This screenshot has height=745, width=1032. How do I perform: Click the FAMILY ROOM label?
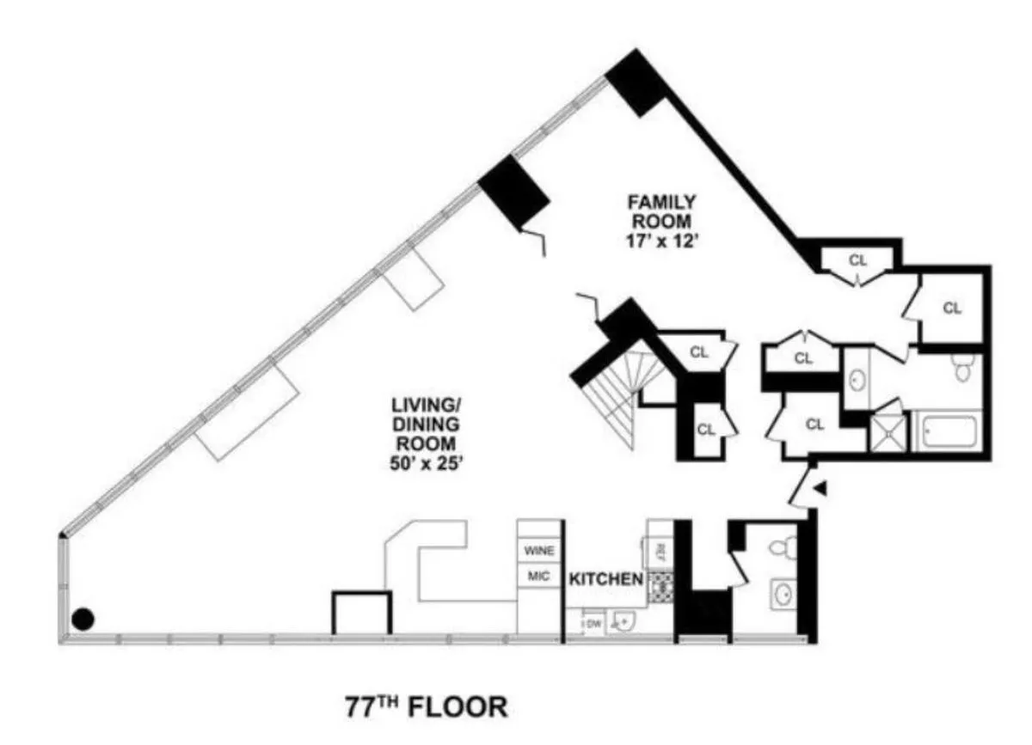pyautogui.click(x=661, y=211)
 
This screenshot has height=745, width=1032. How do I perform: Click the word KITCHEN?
pyautogui.click(x=605, y=579)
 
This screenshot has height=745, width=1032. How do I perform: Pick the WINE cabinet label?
pyautogui.click(x=539, y=551)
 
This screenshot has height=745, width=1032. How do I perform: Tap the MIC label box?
pyautogui.click(x=539, y=577)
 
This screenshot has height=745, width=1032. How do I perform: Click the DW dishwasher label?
pyautogui.click(x=593, y=623)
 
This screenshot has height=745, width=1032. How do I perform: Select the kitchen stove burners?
pyautogui.click(x=660, y=586)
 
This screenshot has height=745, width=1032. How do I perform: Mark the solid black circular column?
pyautogui.click(x=83, y=618)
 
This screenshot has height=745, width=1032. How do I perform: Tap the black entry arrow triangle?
pyautogui.click(x=820, y=489)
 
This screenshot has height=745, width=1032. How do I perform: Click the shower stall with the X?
pyautogui.click(x=888, y=432)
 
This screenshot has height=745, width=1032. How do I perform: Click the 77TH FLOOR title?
pyautogui.click(x=426, y=707)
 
